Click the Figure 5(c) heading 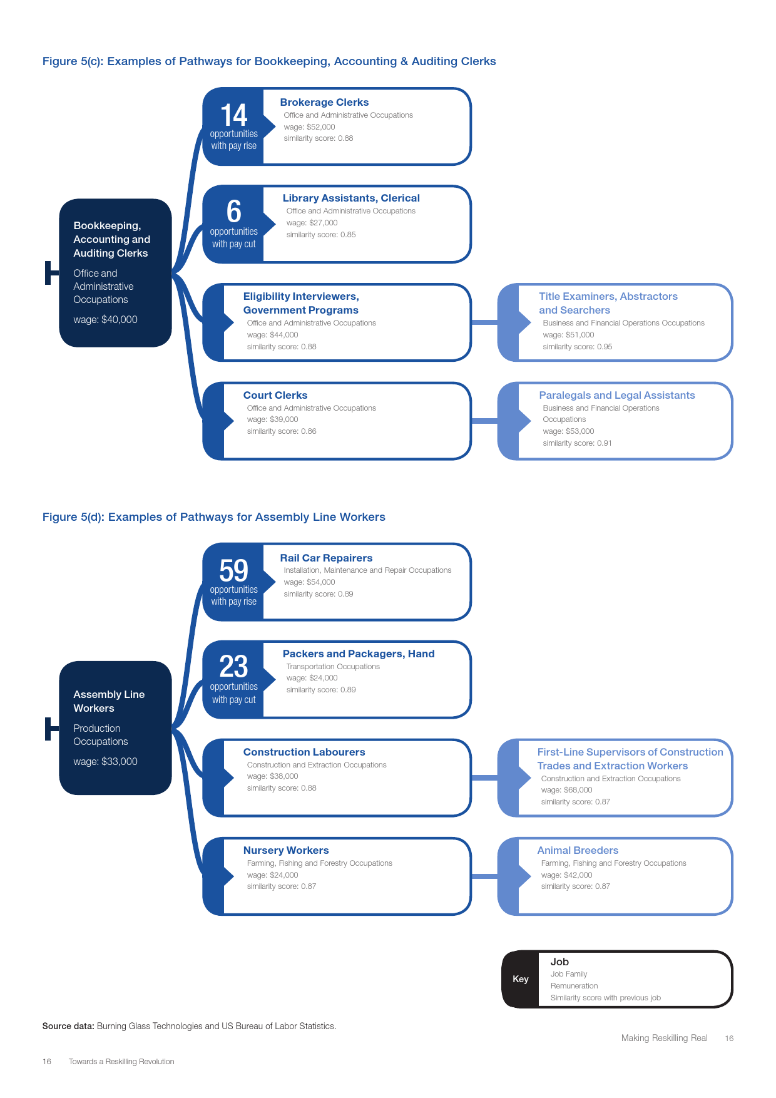point(269,61)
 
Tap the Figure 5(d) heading point(213,517)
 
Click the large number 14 point(233,115)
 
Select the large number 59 point(233,571)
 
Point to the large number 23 point(233,667)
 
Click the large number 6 point(233,212)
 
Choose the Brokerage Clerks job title point(324,102)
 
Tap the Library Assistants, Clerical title point(351,198)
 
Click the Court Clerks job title point(275,395)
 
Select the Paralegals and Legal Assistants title point(616,395)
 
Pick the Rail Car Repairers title point(326,558)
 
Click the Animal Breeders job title point(578,850)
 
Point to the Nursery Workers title point(286,850)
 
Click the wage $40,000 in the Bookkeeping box point(105,319)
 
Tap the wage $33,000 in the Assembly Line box point(105,761)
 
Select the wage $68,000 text point(566,790)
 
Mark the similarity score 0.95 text point(577,347)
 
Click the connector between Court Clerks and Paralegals point(484,421)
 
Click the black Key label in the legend point(521,979)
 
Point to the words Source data point(68,1026)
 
